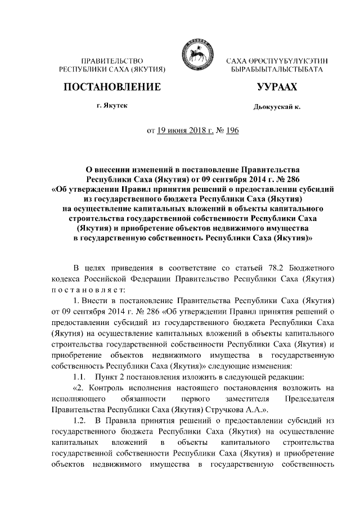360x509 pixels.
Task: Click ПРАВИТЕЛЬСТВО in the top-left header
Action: pyautogui.click(x=111, y=60)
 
